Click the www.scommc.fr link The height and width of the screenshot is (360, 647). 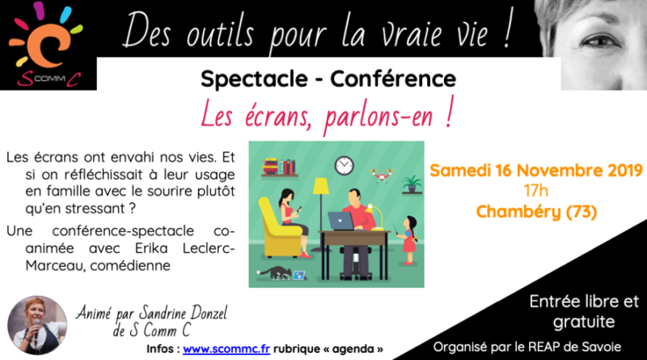point(226,349)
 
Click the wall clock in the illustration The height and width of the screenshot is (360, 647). point(345,166)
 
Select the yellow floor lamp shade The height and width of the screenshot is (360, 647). point(320,186)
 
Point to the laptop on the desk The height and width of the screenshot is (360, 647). point(340,222)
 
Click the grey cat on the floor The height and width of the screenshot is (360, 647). point(273,272)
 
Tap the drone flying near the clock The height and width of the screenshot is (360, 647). point(382,175)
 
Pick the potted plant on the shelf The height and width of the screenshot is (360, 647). point(412,184)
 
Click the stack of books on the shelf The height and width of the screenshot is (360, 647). point(279,167)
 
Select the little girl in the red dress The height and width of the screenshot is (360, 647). point(408,239)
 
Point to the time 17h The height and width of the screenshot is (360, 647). point(536,191)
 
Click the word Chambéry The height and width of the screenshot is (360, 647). point(518,212)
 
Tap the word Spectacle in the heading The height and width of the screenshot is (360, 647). point(254,79)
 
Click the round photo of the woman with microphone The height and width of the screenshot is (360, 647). point(37,325)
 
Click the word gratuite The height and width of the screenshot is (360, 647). point(584,322)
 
